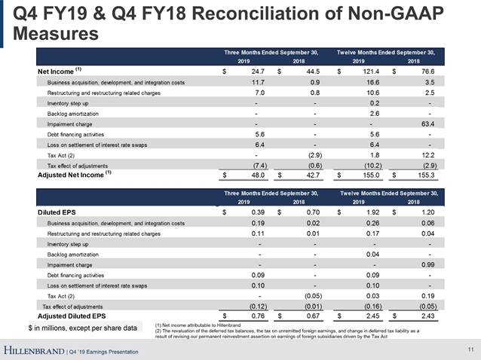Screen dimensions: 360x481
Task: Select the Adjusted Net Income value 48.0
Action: pos(251,175)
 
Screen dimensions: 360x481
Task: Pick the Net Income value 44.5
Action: pos(309,71)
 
